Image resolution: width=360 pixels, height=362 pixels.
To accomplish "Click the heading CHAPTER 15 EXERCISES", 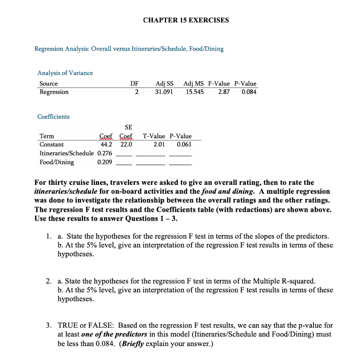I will point(186,20).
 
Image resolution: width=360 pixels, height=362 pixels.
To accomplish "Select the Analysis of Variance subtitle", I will point(65,73).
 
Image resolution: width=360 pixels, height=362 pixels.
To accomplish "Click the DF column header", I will point(134,84).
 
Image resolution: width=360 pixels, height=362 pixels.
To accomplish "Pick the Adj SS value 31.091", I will point(164,92).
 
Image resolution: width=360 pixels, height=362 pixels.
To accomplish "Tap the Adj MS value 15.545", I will point(195,92).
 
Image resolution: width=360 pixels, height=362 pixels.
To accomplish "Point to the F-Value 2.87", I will point(224,92).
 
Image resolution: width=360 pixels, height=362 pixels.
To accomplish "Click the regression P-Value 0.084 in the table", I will point(248,92).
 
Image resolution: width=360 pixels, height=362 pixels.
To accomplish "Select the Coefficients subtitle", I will point(53,117).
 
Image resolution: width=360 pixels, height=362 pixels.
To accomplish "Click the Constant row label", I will point(52,145).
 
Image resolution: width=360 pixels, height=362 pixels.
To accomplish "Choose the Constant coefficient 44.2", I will point(106,145).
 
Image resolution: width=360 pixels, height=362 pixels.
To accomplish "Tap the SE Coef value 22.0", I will point(126,145).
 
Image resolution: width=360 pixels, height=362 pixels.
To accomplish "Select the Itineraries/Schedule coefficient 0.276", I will point(104,153).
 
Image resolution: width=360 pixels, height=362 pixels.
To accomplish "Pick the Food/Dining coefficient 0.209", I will point(104,162).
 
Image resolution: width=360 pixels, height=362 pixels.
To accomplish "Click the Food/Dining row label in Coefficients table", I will point(57,162).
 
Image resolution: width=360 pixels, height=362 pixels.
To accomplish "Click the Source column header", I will point(48,84).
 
